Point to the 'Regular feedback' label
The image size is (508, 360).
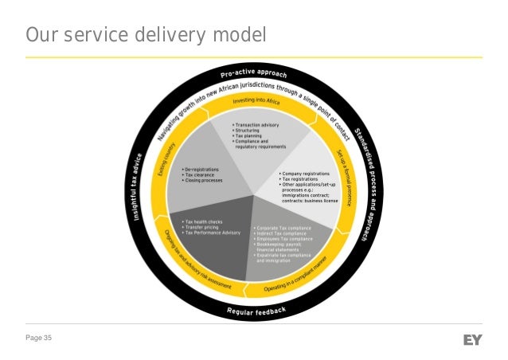(256, 309)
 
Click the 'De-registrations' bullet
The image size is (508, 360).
(205, 170)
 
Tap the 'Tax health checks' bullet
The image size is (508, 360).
(204, 222)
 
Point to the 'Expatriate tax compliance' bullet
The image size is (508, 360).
(283, 256)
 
